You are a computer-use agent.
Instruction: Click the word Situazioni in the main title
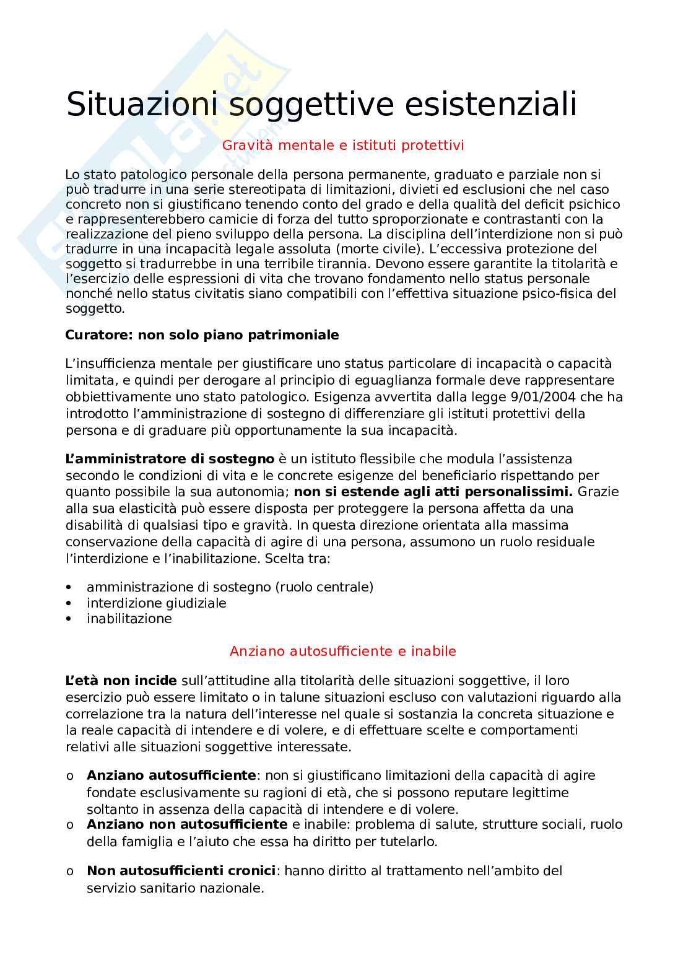142,104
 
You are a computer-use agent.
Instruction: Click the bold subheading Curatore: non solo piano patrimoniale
202,335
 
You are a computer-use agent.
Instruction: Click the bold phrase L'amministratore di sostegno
170,459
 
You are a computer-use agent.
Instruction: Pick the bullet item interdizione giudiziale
156,603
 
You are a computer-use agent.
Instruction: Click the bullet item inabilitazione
129,618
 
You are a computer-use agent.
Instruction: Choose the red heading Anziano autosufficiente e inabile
343,651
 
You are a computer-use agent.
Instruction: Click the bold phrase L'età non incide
121,681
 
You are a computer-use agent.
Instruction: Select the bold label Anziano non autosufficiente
187,824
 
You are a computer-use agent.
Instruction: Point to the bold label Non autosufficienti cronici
181,871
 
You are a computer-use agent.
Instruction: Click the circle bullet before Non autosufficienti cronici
69,871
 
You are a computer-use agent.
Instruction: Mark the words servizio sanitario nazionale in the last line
175,888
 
